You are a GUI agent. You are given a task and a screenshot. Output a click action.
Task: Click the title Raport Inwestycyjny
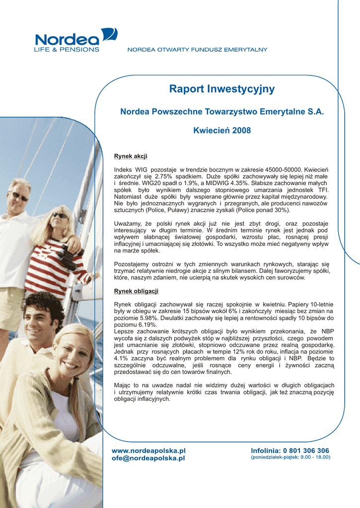(221, 89)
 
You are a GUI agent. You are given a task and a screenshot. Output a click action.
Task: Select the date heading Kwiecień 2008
(221, 130)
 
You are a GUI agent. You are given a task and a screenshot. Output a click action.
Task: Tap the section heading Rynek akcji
(131, 156)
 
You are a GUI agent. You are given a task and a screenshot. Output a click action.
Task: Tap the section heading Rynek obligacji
(136, 291)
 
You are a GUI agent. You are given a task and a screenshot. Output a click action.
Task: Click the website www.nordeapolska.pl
(149, 450)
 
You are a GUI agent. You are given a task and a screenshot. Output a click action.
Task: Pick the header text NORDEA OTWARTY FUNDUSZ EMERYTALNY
(198, 50)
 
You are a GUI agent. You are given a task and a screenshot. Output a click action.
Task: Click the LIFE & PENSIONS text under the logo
(66, 50)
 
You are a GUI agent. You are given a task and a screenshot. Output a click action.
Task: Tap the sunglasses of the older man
(20, 196)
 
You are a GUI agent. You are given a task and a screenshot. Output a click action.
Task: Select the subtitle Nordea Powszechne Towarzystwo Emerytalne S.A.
(221, 112)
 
